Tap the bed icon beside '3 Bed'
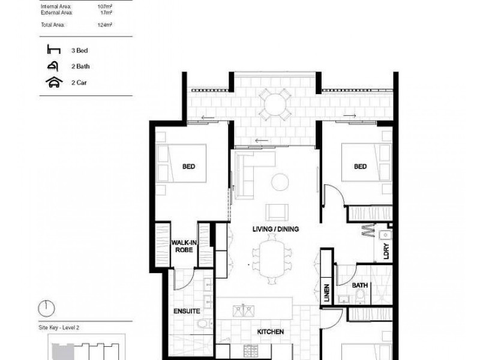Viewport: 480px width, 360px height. tap(51, 51)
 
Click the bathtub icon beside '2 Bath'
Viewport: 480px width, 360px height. tap(51, 67)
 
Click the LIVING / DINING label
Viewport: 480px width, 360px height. tap(276, 229)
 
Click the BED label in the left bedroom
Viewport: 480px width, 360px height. tap(189, 167)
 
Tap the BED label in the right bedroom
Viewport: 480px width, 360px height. tap(359, 167)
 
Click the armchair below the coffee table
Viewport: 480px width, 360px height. tap(276, 211)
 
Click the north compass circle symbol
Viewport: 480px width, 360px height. tap(46, 308)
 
